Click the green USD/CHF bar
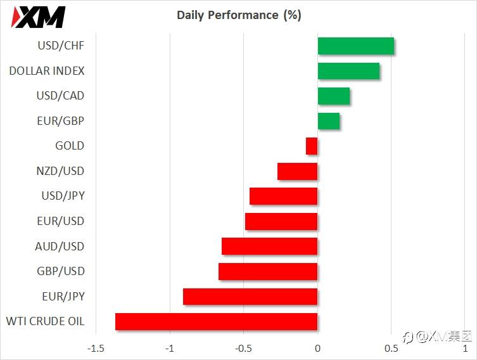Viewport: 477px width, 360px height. [355, 46]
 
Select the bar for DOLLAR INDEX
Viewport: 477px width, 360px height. [348, 71]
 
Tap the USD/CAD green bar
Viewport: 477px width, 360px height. [334, 96]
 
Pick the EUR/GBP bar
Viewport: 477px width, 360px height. [329, 121]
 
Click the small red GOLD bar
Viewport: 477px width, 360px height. [312, 146]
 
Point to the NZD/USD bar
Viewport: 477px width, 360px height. [298, 171]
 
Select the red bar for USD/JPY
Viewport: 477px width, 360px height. [284, 196]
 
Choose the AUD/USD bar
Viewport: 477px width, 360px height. [269, 246]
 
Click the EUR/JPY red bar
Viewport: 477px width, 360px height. [250, 297]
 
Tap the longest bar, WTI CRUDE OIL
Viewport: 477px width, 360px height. [216, 321]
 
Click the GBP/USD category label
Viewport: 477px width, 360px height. [61, 271]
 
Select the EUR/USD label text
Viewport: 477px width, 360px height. [61, 221]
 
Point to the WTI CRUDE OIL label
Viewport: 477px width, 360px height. [45, 321]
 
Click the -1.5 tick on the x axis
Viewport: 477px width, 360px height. [96, 348]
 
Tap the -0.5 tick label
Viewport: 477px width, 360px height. [243, 348]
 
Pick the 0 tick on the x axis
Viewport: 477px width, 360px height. [317, 348]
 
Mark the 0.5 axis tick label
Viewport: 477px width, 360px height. [391, 348]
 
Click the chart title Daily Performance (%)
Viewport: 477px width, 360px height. [239, 15]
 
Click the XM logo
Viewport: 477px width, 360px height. [38, 17]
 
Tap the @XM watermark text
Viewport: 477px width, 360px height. [437, 337]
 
